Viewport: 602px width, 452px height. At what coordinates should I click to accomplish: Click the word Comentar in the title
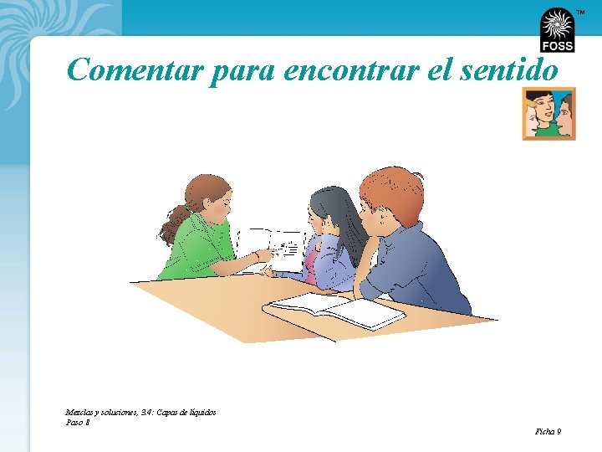tap(135, 70)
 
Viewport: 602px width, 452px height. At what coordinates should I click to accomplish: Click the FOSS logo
tap(557, 30)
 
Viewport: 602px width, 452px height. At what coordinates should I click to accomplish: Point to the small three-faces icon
tap(548, 113)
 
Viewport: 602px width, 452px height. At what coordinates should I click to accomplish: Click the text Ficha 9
tap(548, 431)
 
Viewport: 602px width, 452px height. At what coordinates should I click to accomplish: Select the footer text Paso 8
tap(78, 422)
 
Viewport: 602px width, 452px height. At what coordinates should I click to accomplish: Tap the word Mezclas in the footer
tap(80, 412)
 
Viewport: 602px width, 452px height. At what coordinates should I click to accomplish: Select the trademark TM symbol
tap(580, 13)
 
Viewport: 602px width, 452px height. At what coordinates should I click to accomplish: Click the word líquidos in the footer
tap(202, 412)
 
